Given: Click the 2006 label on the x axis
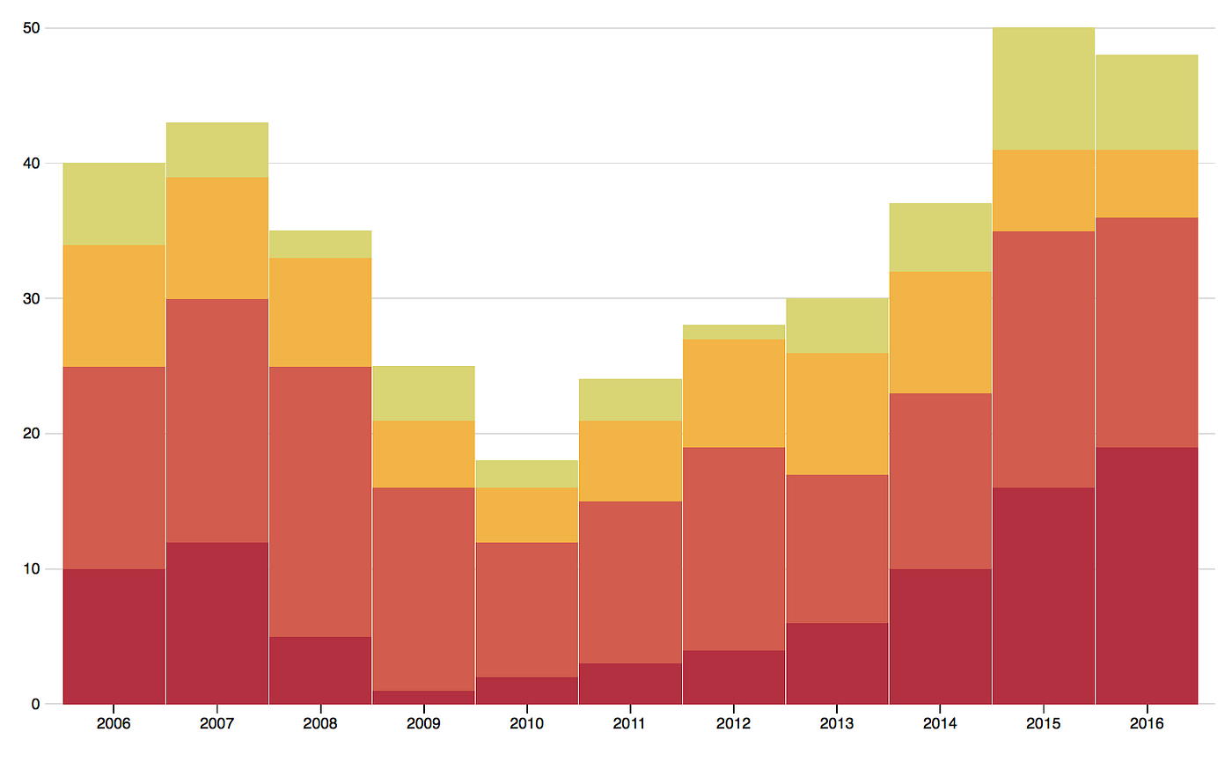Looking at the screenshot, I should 114,723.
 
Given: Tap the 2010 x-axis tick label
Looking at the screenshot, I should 526,723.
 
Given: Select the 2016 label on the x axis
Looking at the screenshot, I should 1146,723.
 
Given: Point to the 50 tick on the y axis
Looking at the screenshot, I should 32,28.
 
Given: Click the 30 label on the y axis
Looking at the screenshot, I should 32,298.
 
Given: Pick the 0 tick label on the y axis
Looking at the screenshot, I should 35,704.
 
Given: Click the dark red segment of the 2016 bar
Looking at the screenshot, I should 1146,575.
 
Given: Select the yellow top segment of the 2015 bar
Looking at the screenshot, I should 1043,89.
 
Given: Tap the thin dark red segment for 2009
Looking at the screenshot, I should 423,697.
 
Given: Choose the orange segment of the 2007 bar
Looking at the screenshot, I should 216,238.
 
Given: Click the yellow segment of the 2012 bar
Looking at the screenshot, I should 733,332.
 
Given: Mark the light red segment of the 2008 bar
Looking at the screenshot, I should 319,502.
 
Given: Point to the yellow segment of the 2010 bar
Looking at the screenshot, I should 526,473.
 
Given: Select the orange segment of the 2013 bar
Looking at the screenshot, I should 836,414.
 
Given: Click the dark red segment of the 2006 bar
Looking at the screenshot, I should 114,636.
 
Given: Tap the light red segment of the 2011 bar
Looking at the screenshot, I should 630,582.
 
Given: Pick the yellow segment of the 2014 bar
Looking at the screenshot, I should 940,238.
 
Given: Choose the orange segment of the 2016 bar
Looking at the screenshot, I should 1146,183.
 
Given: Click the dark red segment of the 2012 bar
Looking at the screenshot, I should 733,677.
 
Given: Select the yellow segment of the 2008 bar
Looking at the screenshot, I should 319,244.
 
